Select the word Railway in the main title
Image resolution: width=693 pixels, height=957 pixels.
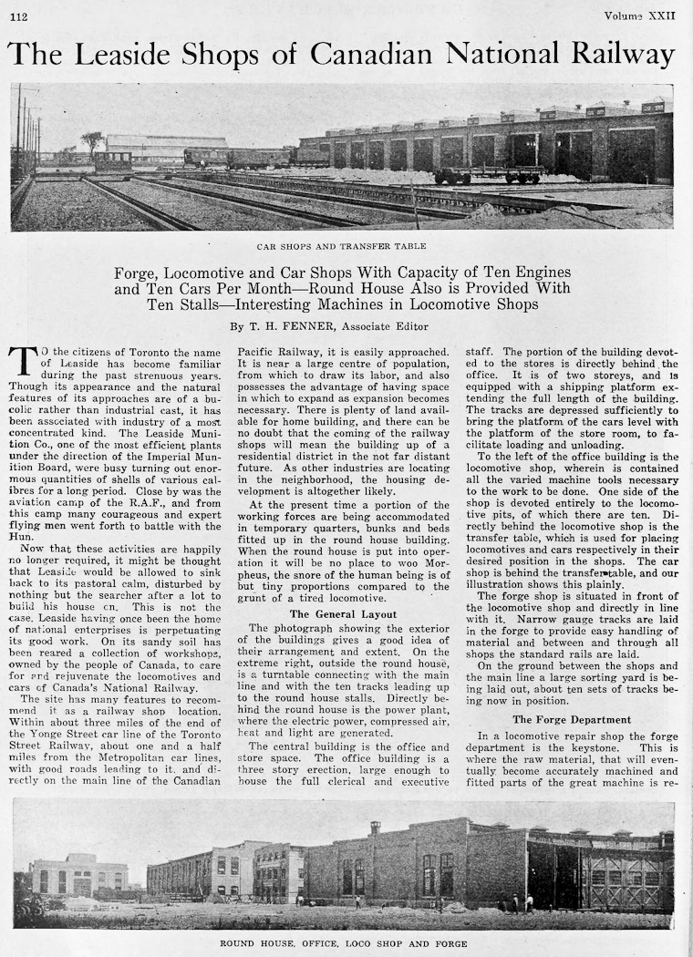click(x=624, y=55)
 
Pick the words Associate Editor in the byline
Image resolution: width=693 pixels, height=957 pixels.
click(x=390, y=325)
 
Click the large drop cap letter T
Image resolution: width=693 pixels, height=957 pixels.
click(x=23, y=361)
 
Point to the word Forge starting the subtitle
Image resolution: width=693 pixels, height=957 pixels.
click(x=137, y=273)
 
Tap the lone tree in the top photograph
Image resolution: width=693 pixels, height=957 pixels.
click(x=92, y=141)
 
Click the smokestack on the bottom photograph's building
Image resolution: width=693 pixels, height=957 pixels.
click(x=375, y=828)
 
